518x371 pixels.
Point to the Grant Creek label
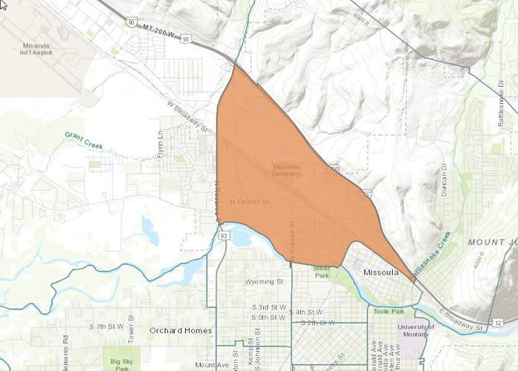tap(84, 139)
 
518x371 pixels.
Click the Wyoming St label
tap(265, 282)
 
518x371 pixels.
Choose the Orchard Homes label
tap(180, 330)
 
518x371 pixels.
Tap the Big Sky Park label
tap(119, 364)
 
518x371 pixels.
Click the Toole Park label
tap(389, 312)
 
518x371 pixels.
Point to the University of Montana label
tap(416, 331)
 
